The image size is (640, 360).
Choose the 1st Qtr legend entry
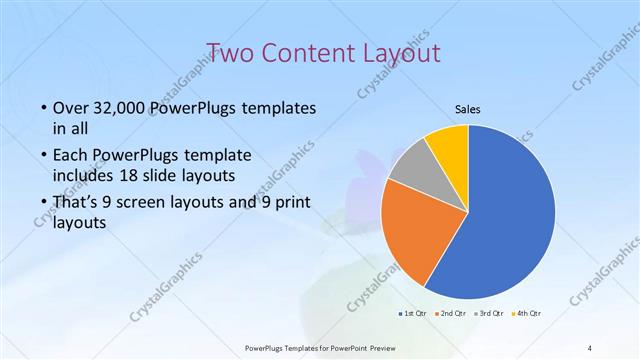click(413, 314)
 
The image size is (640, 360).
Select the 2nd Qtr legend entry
click(451, 314)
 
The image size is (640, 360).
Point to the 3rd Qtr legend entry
click(489, 314)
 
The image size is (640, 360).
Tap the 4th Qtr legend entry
click(526, 314)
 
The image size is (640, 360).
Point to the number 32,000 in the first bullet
click(118, 108)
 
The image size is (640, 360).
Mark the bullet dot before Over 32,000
click(43, 108)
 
